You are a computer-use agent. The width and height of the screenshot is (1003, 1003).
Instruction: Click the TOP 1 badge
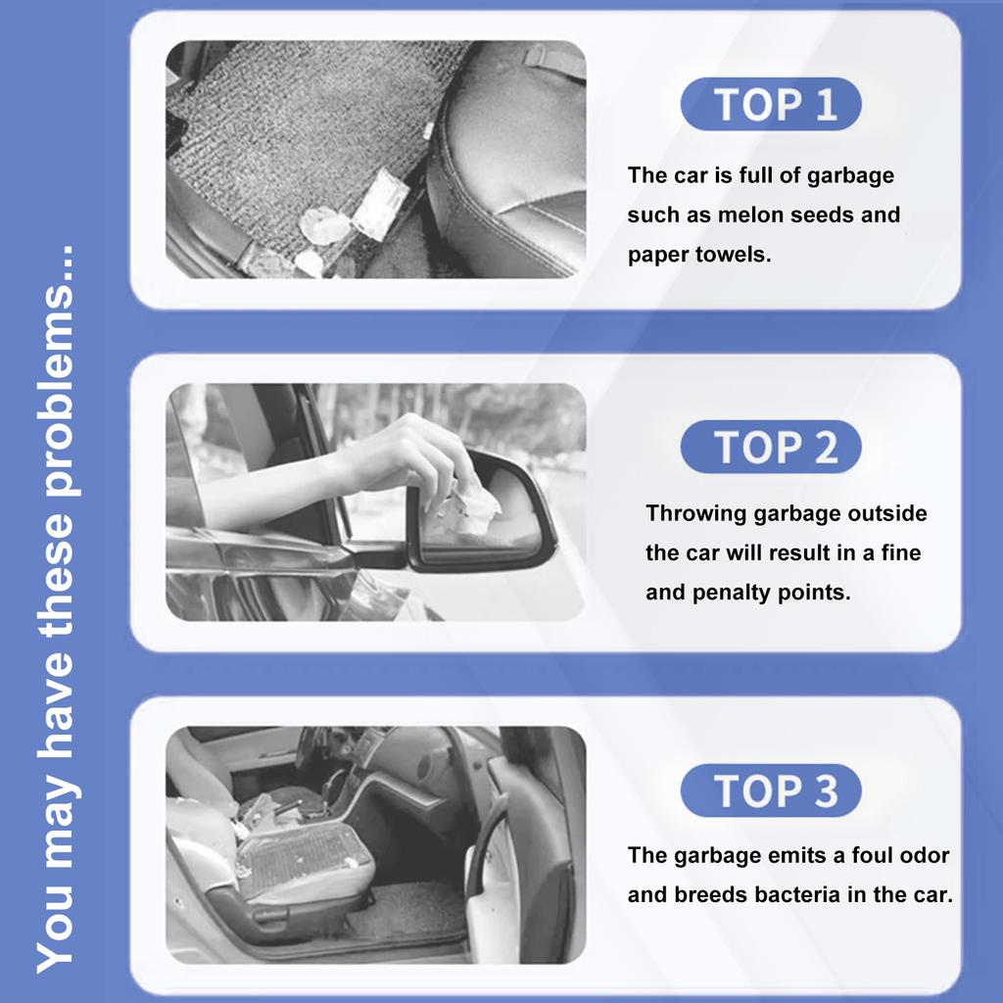771,104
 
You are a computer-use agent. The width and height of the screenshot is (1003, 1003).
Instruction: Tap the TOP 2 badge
771,447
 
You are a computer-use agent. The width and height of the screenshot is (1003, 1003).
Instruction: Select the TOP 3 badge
771,790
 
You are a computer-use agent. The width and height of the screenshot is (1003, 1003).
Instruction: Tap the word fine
901,552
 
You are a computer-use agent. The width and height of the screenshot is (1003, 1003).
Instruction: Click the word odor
925,855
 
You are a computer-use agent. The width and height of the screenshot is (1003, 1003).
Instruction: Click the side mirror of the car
480,511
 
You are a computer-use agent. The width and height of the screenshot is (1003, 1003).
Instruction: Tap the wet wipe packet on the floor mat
382,205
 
